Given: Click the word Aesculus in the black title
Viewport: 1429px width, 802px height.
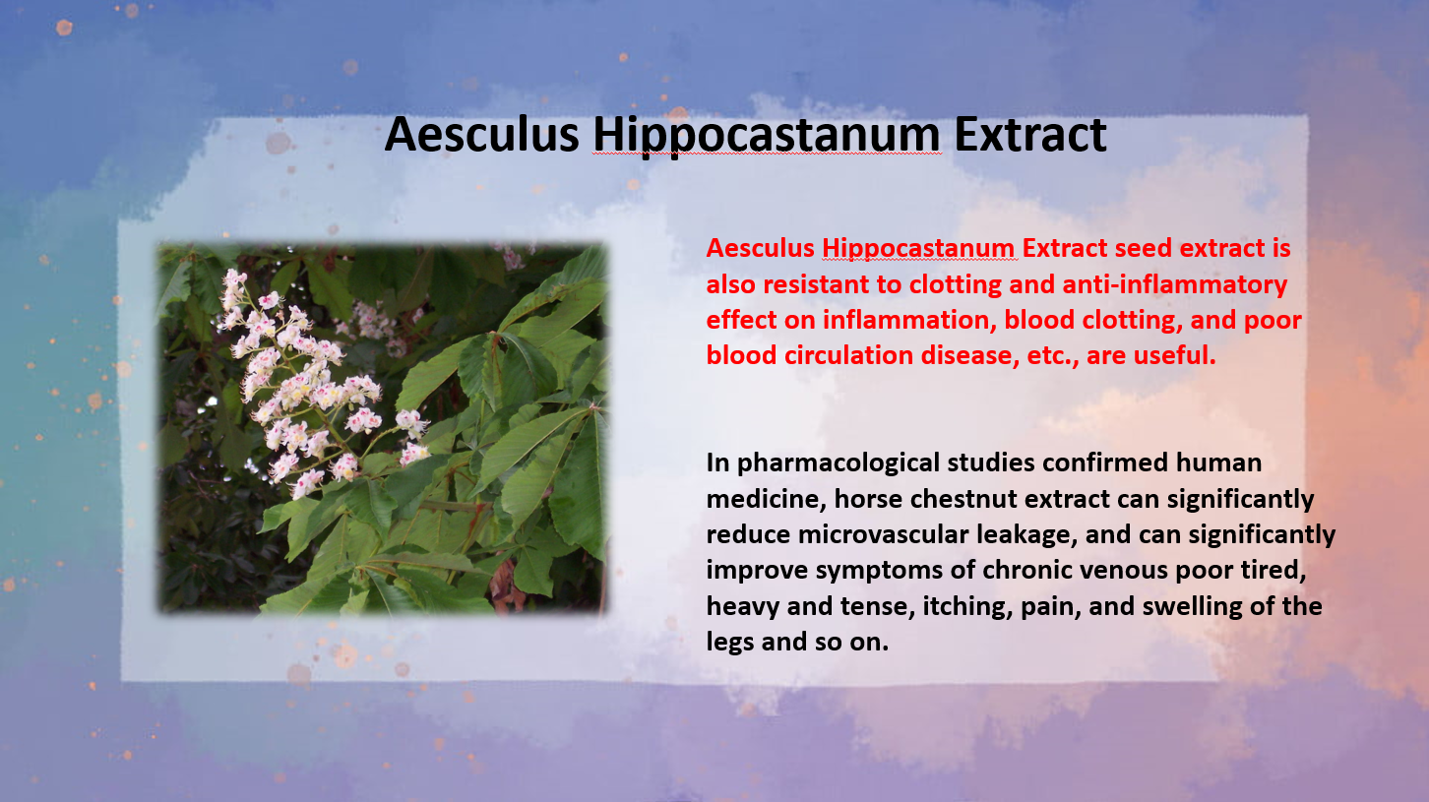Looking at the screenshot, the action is click(x=481, y=134).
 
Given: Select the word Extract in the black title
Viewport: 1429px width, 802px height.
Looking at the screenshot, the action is click(x=1030, y=134).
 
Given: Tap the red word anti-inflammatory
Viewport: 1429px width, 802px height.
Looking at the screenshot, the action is click(x=1174, y=285).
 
